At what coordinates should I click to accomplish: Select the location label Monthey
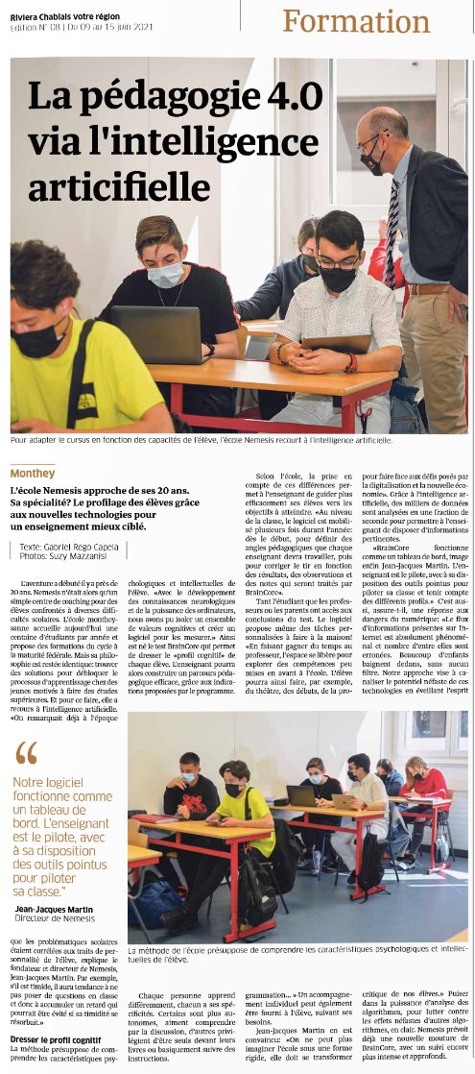33,474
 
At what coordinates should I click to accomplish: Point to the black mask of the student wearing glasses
338,280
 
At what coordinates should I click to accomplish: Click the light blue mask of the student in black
166,276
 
